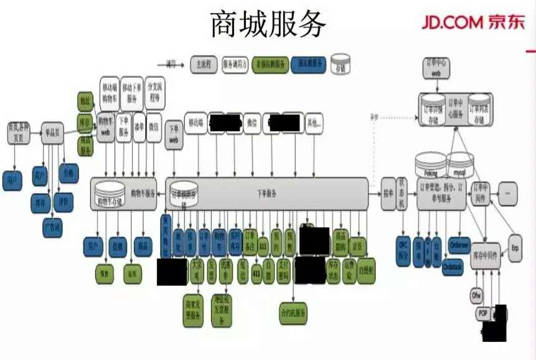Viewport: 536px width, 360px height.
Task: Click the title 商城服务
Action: tap(268, 24)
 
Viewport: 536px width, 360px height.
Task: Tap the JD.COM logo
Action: tap(473, 22)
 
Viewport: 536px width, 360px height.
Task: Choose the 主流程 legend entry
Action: tap(203, 64)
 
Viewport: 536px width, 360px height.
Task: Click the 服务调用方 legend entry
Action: tap(235, 64)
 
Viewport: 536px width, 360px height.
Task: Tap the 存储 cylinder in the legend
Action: tap(340, 64)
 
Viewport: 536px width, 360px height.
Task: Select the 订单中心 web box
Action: tap(436, 68)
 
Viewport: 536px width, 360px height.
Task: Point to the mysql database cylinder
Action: tap(460, 165)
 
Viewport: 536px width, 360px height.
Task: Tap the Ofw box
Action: tap(477, 295)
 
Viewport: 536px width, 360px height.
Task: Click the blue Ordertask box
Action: tap(453, 266)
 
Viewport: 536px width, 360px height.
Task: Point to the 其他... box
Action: tap(314, 123)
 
